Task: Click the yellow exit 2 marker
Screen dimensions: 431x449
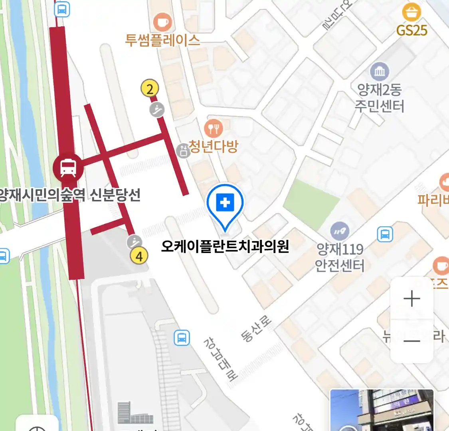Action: tap(150, 89)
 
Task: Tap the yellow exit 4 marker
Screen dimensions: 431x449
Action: tap(139, 256)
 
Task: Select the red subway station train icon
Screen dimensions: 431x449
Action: tap(68, 168)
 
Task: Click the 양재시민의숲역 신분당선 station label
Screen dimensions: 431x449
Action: tap(70, 195)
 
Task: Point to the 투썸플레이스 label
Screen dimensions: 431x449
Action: tap(162, 40)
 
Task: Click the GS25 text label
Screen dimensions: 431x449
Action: tap(411, 30)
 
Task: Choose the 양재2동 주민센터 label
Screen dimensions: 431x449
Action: tap(379, 98)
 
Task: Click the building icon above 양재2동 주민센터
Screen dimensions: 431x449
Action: tap(380, 72)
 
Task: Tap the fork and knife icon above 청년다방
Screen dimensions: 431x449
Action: tap(214, 128)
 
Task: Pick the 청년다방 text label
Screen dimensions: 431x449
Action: tap(213, 146)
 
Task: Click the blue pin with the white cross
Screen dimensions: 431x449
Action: tap(225, 204)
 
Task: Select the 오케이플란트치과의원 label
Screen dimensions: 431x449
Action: tap(225, 246)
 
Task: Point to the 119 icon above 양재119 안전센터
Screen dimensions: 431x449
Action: tap(340, 231)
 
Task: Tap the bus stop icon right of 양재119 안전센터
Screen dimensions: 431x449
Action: tap(385, 234)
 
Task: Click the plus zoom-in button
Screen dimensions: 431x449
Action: tap(412, 299)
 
